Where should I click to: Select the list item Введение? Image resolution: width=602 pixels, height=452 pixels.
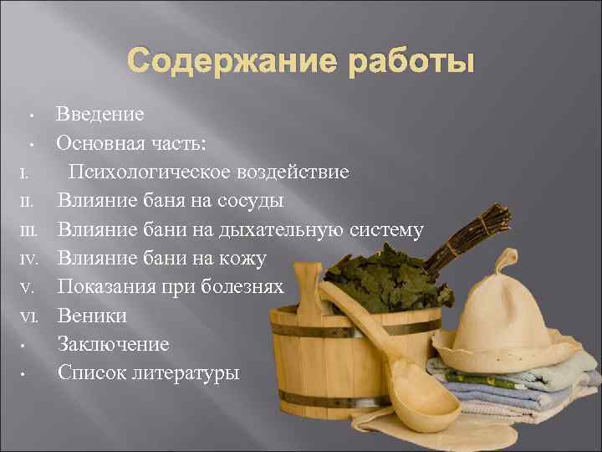click(x=99, y=114)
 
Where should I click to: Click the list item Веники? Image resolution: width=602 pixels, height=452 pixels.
click(x=92, y=316)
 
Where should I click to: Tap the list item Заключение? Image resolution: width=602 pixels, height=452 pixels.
click(x=113, y=344)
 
